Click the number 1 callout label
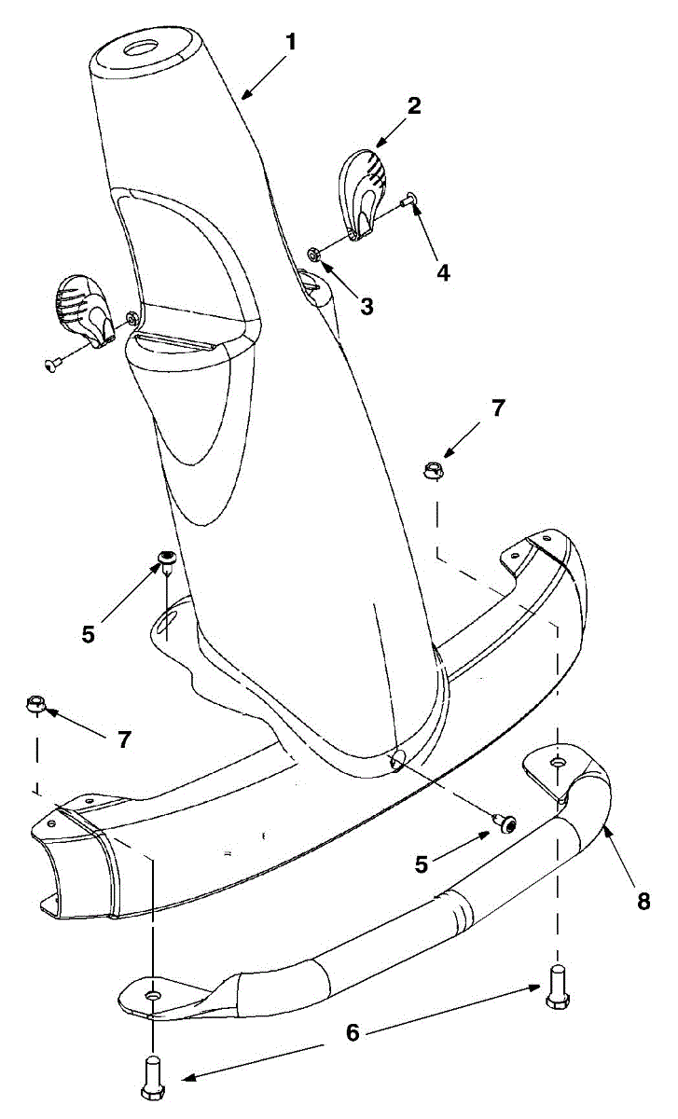[291, 42]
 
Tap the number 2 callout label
[412, 105]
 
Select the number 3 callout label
[367, 306]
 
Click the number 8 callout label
[644, 902]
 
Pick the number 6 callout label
[352, 1032]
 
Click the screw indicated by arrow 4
[409, 199]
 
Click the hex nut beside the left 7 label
[36, 700]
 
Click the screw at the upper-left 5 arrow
[168, 559]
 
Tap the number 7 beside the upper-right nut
[497, 408]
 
